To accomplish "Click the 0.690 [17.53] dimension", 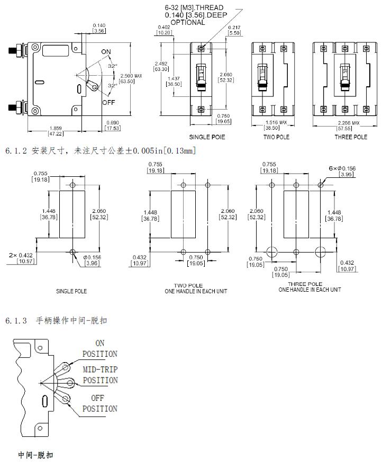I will coord(113,125).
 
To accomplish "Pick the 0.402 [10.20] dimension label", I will coord(165,30).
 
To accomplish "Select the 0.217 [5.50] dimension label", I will coord(235,30).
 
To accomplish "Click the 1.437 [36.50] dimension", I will coord(174,81).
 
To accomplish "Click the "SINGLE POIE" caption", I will coord(207,137).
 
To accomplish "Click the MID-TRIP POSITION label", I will coord(100,375).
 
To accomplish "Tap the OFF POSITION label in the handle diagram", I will coord(100,403).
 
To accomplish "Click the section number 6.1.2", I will coord(16,151).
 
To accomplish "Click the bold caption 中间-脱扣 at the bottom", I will coord(35,455).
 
